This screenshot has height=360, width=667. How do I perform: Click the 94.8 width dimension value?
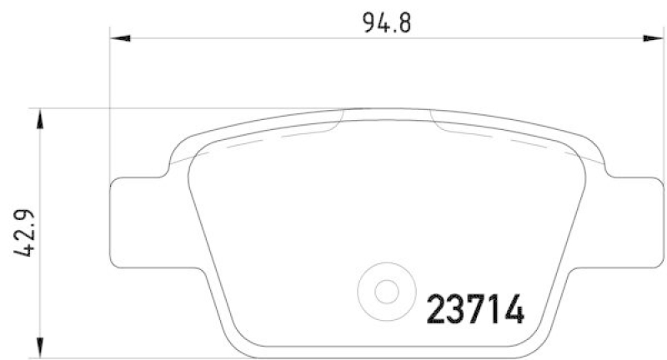click(387, 22)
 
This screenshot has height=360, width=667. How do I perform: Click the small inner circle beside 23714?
click(385, 292)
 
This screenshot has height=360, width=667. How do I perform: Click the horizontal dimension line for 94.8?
click(250, 37)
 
